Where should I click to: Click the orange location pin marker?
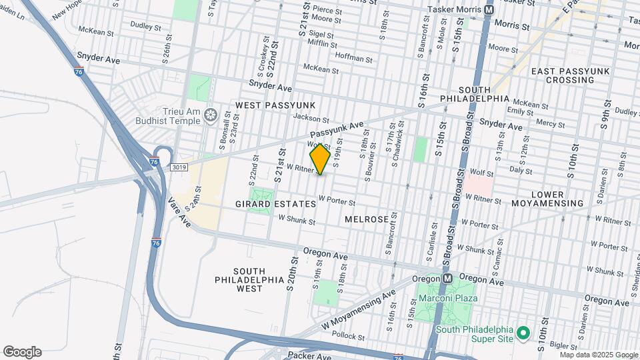pyautogui.click(x=320, y=159)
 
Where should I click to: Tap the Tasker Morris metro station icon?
pyautogui.click(x=489, y=11)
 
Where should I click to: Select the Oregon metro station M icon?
pyautogui.click(x=448, y=278)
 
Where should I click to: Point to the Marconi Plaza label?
pyautogui.click(x=448, y=298)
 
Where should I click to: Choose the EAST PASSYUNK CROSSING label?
pyautogui.click(x=561, y=75)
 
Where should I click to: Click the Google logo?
pyautogui.click(x=21, y=352)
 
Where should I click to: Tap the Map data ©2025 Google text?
pyautogui.click(x=598, y=355)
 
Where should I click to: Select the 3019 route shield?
pyautogui.click(x=178, y=167)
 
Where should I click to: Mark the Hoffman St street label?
pyautogui.click(x=353, y=57)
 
